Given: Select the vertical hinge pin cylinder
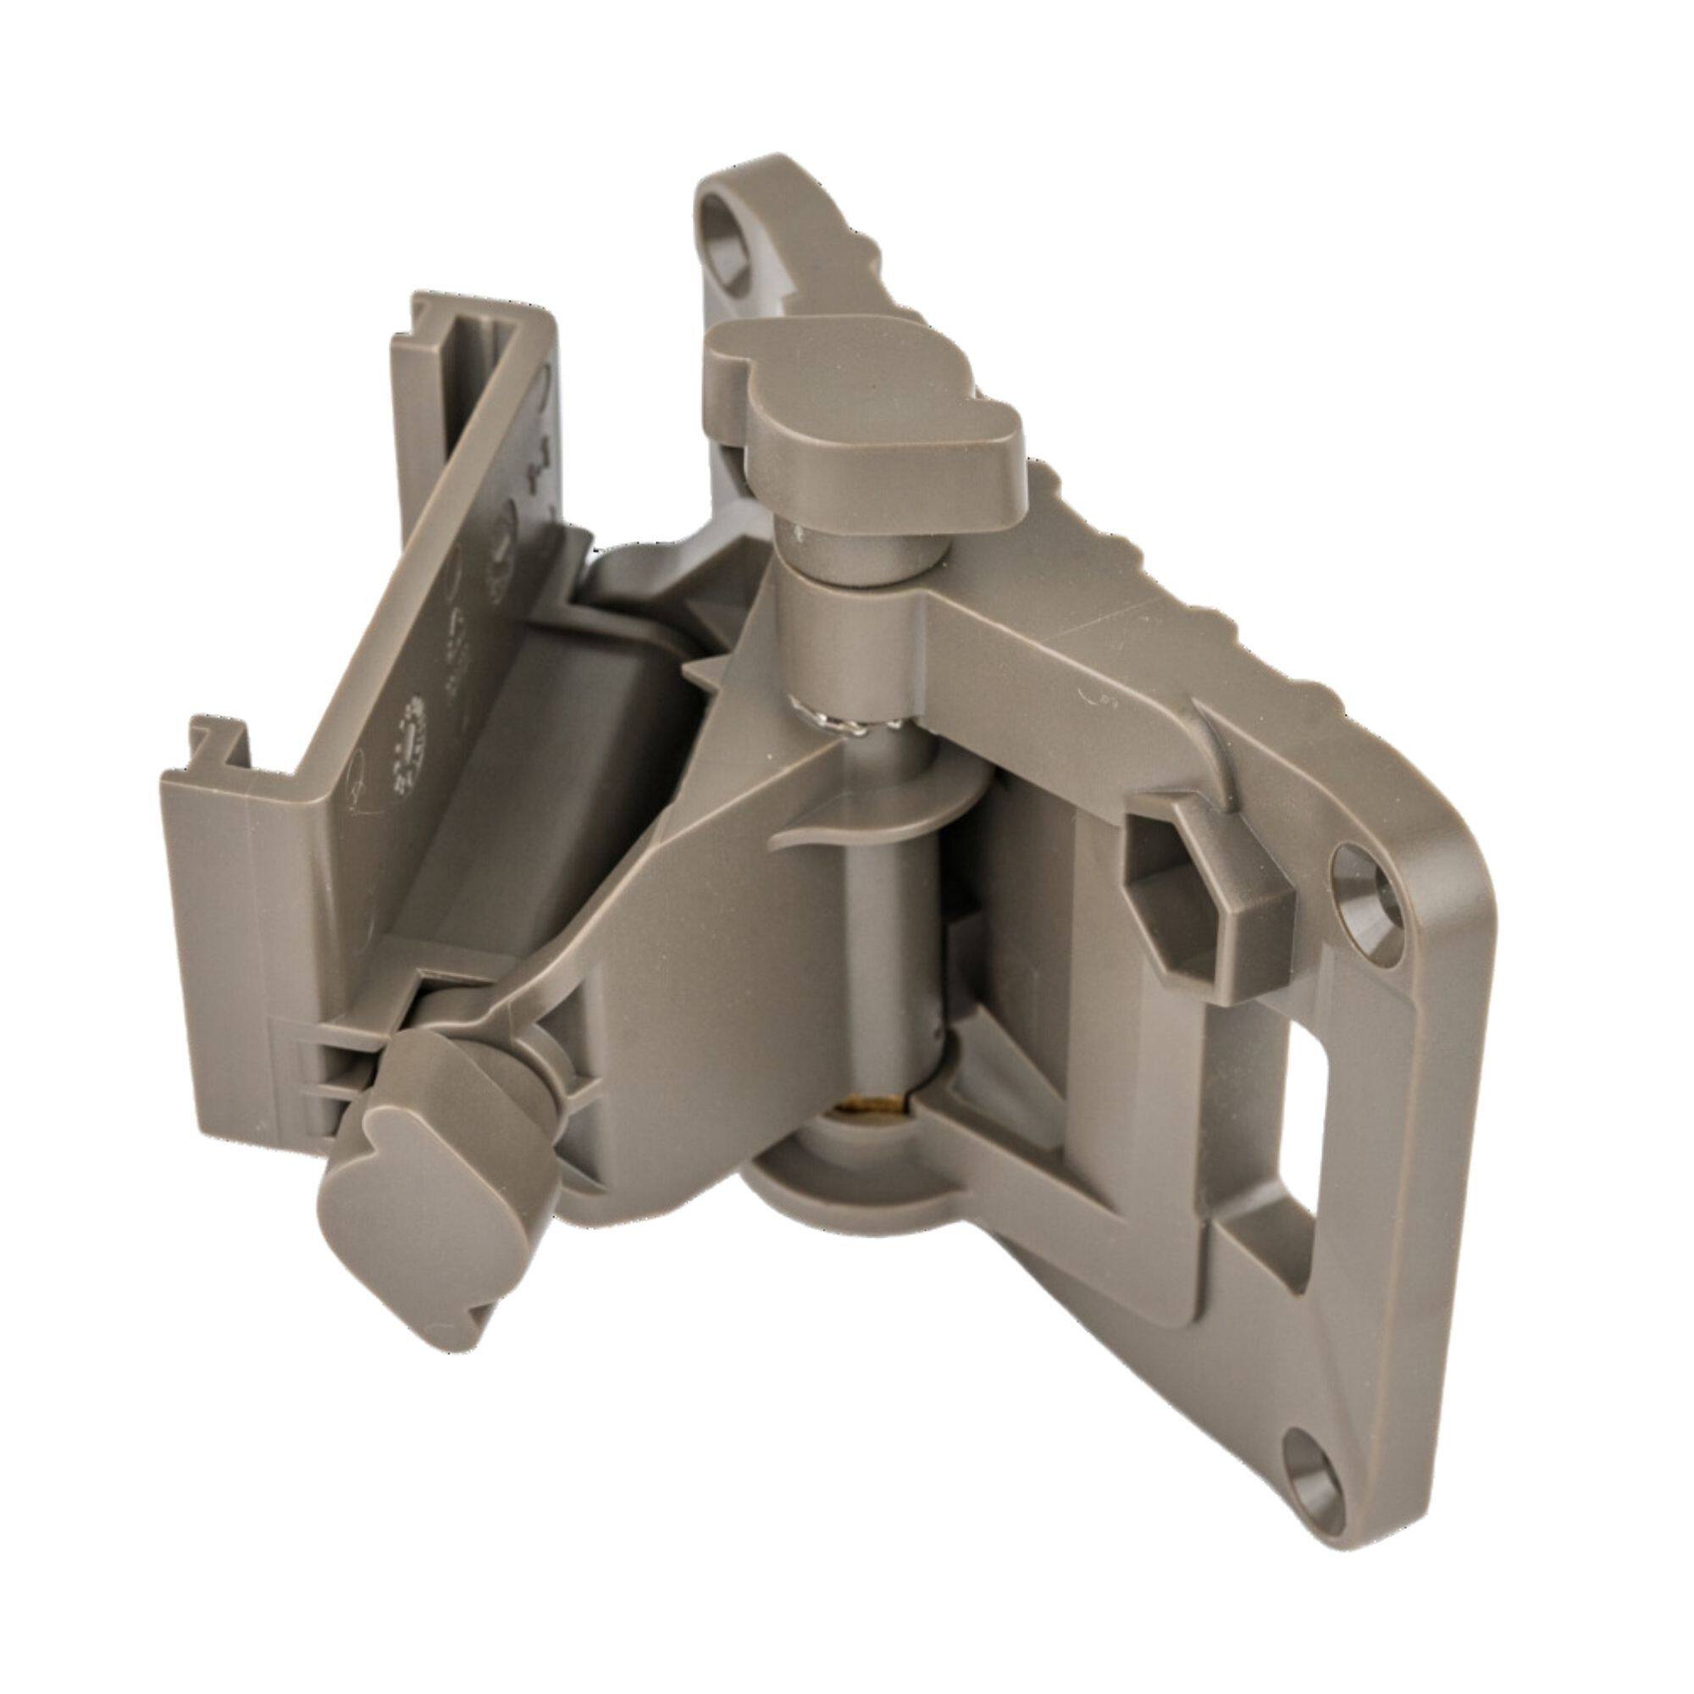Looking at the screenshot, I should [x=886, y=921].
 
